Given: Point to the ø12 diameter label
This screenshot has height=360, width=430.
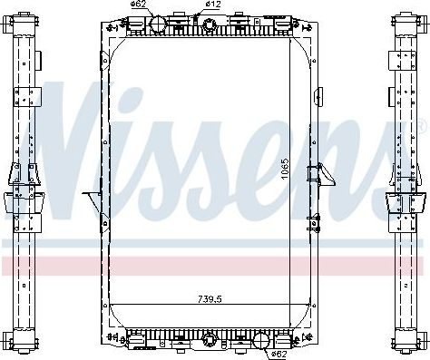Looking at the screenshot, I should (x=214, y=5).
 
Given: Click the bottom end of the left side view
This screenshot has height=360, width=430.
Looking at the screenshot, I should (x=21, y=345).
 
